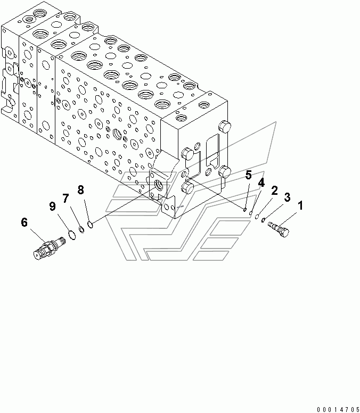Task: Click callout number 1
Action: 300,205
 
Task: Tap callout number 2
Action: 274,191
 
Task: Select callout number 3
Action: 287,197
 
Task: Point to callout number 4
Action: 261,183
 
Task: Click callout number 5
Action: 249,175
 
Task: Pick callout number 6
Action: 24,222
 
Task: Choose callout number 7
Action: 66,198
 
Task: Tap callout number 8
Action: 80,189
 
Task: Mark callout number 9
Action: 52,206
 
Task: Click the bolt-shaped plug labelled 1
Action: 279,229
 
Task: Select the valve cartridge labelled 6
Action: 50,248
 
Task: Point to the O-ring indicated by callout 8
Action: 91,225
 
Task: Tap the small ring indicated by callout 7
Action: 81,230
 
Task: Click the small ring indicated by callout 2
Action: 257,217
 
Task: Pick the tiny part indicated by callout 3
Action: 263,220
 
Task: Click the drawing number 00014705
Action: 338,410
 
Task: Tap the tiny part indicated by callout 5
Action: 245,210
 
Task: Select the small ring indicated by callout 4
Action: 251,213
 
